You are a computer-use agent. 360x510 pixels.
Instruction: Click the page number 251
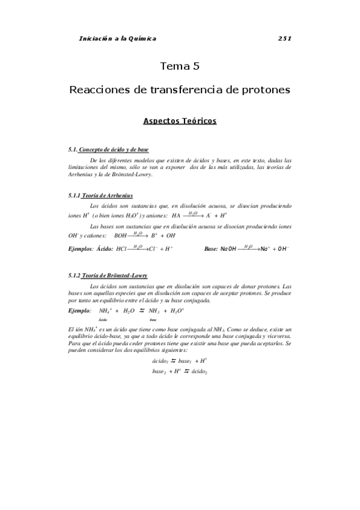[285, 38]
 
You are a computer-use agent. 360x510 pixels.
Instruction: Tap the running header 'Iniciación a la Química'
[118, 38]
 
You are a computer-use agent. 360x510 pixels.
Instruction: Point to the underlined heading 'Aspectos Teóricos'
[180, 121]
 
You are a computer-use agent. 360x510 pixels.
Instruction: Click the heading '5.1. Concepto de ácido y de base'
[109, 149]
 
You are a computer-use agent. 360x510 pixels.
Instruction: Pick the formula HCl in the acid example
[121, 248]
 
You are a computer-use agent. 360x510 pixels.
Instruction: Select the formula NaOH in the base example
[229, 248]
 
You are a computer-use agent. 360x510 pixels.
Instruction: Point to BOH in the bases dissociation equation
[121, 236]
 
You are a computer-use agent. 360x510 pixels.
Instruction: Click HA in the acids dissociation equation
[176, 215]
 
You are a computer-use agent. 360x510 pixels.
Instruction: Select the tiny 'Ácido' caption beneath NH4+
[103, 321]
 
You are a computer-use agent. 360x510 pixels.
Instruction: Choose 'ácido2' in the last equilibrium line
[198, 371]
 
